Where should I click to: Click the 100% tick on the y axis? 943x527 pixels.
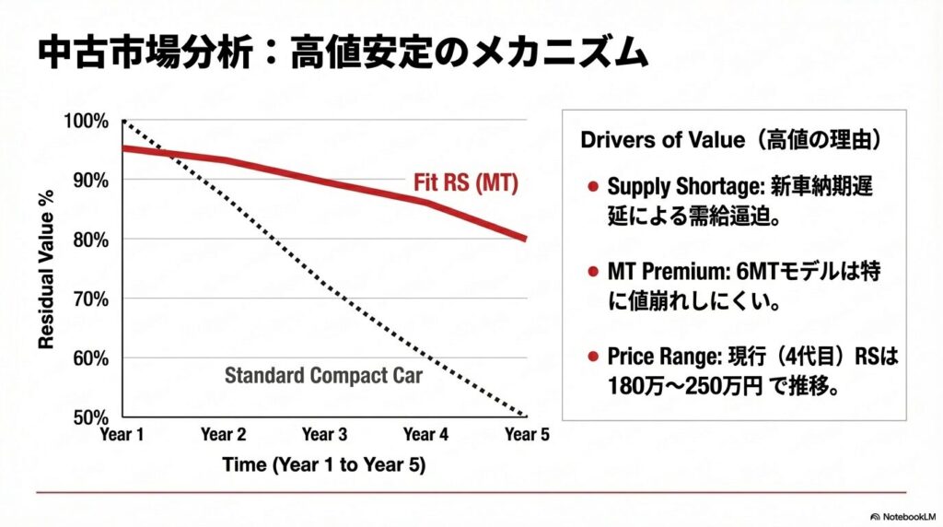(88, 122)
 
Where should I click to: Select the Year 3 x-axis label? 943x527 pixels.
(324, 434)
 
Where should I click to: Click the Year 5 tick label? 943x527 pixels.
(527, 434)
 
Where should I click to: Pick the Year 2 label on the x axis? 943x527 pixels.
(224, 434)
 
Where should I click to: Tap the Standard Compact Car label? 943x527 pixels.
(323, 375)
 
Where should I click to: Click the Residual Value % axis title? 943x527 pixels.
(45, 269)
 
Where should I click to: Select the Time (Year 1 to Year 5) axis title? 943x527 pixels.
(323, 464)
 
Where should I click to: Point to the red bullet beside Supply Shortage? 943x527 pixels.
(593, 187)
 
